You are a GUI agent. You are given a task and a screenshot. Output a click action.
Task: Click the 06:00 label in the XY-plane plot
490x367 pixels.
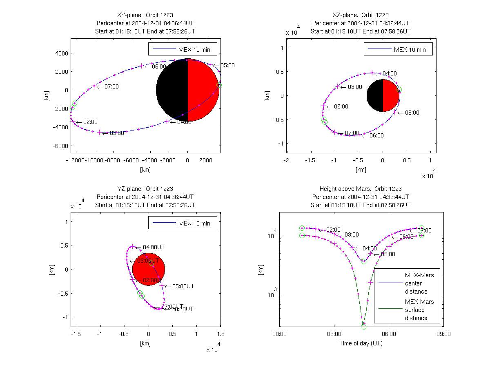159,66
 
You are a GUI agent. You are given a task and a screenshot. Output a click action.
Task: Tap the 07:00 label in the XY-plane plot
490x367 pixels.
111,86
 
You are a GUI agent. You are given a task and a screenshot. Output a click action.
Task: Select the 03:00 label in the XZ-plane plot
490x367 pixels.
355,87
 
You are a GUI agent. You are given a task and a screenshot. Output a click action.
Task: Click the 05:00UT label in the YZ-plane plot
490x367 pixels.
183,286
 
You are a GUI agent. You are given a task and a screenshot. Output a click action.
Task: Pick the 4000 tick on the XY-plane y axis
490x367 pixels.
62,53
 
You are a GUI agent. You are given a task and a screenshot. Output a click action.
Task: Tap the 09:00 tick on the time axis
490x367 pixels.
443,334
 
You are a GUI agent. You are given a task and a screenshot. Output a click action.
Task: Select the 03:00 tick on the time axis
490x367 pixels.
334,334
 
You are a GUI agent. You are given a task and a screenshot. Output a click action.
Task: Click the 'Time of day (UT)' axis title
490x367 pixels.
361,343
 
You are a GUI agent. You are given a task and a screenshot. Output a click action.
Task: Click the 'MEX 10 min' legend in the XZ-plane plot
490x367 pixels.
398,50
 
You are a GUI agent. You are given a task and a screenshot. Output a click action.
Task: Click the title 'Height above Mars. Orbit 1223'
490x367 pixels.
361,189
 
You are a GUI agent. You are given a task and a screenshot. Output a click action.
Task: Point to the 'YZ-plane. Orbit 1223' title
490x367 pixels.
145,189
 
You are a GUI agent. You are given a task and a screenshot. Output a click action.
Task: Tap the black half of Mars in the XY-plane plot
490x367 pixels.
172,90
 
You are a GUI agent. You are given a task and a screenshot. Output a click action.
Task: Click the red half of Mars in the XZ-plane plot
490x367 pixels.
391,95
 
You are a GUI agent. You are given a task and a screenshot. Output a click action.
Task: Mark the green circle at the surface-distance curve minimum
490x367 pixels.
363,326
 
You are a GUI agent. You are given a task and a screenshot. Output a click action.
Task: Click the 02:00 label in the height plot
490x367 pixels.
334,230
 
